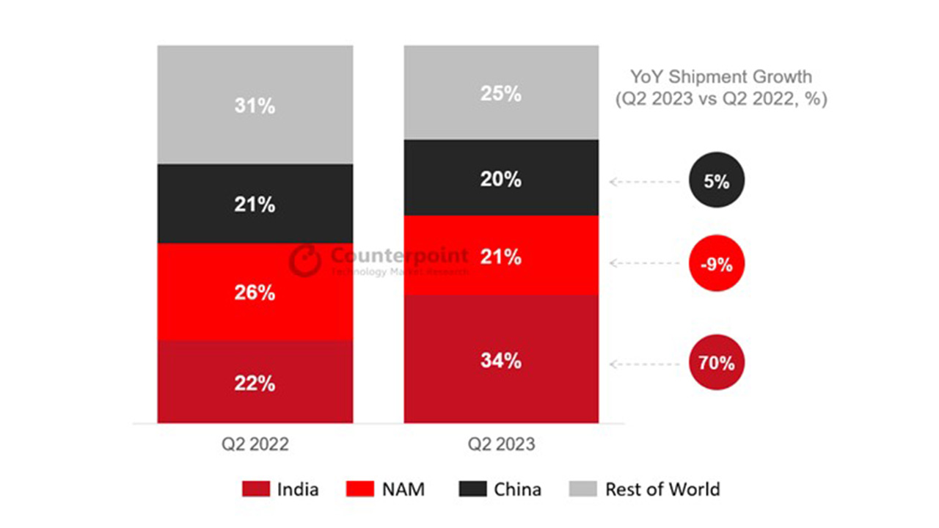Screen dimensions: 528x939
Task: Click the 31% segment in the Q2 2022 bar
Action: coord(255,105)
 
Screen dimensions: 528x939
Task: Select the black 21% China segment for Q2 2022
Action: coord(255,204)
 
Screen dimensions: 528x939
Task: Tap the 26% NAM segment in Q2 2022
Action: coord(255,292)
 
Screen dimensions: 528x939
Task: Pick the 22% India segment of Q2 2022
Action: coord(255,382)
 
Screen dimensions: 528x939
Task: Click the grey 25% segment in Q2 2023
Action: coord(501,93)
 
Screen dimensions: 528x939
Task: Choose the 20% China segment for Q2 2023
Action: coord(501,178)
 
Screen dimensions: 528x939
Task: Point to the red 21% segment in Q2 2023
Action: coord(501,256)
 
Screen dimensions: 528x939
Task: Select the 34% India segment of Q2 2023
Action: coord(501,360)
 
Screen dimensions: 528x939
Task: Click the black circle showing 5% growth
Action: coord(717,181)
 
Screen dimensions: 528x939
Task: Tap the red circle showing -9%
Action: coord(717,264)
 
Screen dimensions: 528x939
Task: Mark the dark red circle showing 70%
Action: coord(717,362)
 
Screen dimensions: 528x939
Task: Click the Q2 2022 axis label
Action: coord(255,444)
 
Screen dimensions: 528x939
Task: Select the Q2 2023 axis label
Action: coord(501,444)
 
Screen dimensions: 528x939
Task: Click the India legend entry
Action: coord(281,489)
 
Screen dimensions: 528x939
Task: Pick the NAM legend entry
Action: coord(390,489)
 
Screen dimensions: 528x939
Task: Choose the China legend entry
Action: coord(500,489)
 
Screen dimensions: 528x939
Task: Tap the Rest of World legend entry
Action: coord(645,489)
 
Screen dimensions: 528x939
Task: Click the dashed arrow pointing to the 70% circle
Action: coord(645,364)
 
